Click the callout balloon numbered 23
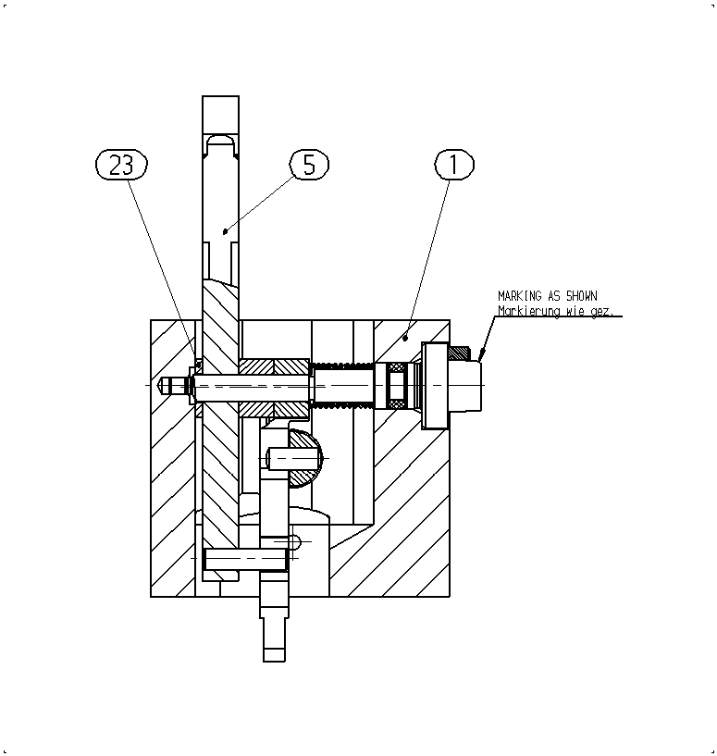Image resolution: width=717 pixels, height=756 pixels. click(121, 165)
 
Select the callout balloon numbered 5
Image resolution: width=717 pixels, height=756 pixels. click(309, 165)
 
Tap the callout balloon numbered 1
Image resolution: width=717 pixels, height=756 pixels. click(454, 165)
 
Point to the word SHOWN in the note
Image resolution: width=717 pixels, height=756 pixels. click(582, 296)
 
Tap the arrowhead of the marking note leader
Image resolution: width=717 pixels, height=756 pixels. click(480, 356)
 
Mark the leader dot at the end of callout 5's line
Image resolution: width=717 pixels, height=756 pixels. click(225, 232)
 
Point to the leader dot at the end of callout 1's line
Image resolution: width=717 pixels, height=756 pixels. click(405, 339)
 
